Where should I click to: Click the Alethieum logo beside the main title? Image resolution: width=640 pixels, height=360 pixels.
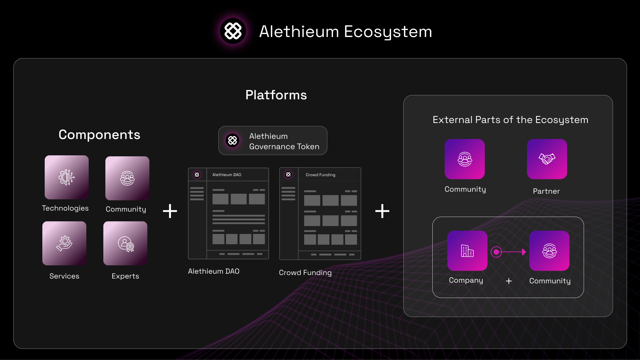(233, 31)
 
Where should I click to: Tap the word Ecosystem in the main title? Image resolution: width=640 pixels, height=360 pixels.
(388, 32)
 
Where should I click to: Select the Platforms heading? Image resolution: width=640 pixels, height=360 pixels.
(276, 95)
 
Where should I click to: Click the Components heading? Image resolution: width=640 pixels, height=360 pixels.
(99, 135)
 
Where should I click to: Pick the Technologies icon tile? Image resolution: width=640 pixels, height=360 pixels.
(67, 177)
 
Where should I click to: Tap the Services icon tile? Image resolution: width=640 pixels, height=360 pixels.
(64, 243)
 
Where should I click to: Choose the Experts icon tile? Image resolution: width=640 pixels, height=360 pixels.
(125, 243)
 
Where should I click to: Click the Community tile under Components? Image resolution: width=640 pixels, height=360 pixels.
(127, 178)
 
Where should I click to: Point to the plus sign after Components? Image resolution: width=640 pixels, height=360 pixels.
(170, 211)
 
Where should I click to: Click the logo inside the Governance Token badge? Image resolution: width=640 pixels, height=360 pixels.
(233, 140)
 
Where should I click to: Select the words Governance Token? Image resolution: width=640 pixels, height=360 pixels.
(284, 147)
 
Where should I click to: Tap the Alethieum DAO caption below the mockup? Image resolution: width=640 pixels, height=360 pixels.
(214, 271)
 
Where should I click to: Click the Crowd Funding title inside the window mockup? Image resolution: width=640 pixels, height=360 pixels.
(321, 175)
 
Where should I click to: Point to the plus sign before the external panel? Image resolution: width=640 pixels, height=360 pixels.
(382, 211)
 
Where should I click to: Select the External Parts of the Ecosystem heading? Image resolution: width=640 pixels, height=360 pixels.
(510, 120)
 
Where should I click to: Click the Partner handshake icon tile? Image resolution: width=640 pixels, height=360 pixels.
(547, 159)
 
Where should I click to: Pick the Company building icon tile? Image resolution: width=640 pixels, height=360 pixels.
(467, 251)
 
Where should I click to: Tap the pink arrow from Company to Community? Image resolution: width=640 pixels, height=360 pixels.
(509, 252)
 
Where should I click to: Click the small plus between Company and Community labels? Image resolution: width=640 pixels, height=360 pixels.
(509, 281)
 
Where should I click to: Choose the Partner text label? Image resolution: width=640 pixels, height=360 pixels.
(546, 191)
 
